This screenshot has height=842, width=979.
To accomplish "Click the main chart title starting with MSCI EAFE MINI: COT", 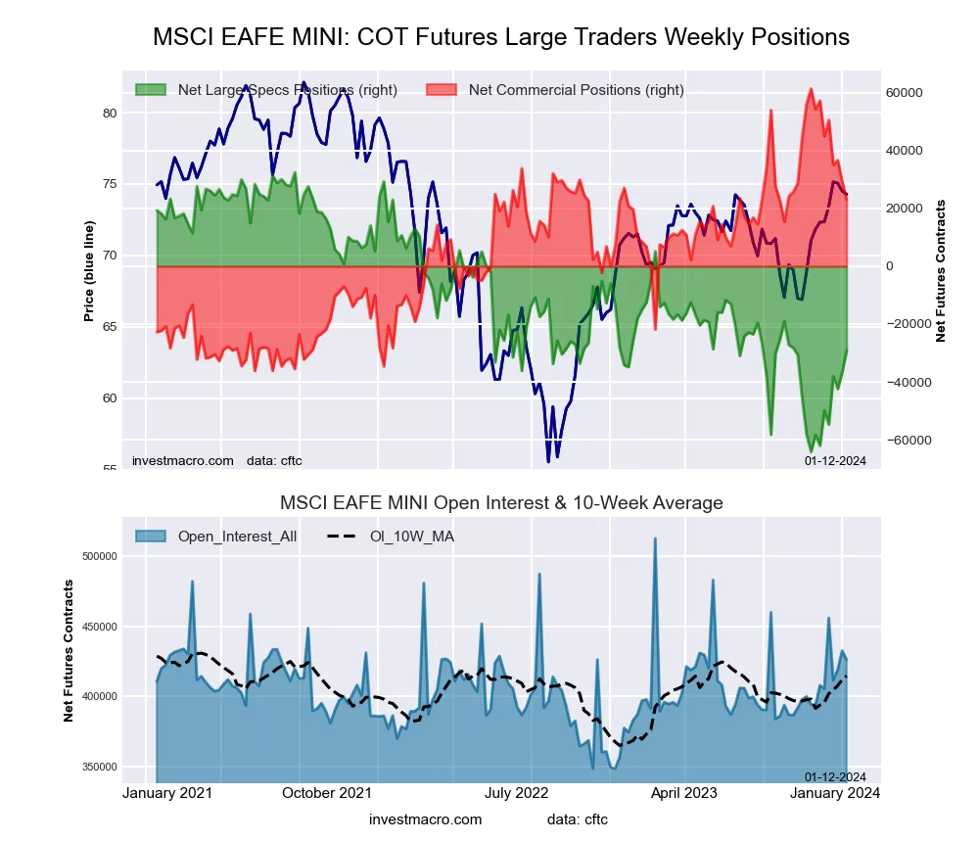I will pos(501,37).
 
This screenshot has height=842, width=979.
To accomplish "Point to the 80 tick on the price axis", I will pos(110,113).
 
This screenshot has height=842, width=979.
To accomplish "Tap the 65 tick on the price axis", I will pos(110,326).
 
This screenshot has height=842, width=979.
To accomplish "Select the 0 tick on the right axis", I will pos(890,266).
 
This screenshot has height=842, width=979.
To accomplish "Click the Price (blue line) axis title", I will pos(89,271).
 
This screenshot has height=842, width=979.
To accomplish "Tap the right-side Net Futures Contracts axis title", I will pos(941,270).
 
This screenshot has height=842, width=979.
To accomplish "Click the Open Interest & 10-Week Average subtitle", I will pos(501,503).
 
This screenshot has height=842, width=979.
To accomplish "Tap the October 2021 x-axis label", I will pos(326,793).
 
